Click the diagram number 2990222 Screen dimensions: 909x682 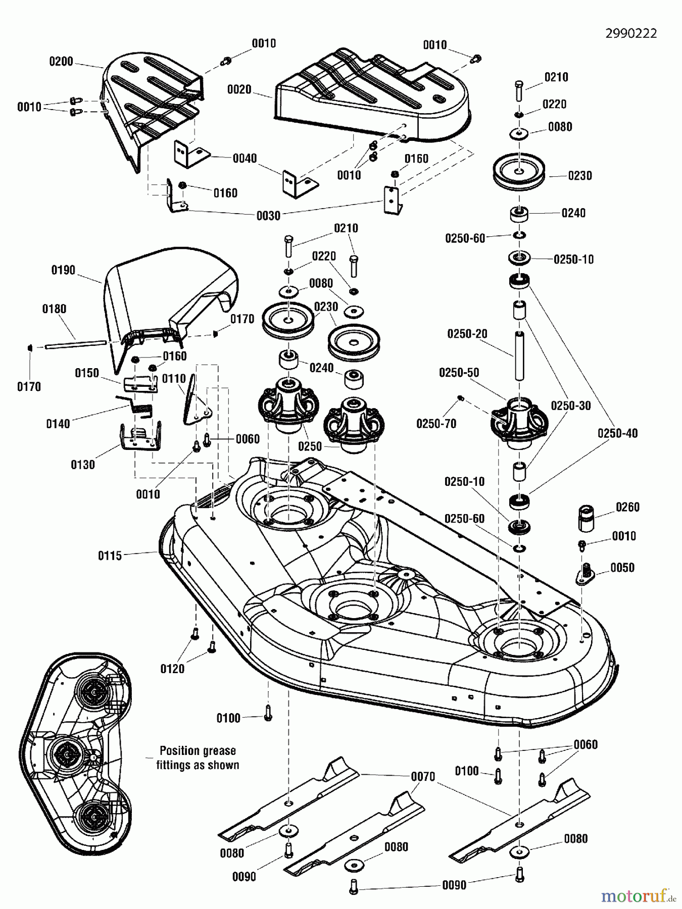pos(631,33)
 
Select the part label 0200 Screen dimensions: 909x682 pos(61,62)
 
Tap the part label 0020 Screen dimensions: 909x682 pos(239,89)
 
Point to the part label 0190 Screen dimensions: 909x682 pos(63,270)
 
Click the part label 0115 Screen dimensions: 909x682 pos(110,555)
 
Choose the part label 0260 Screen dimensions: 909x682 pos(627,507)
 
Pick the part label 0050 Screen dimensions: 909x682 pos(622,568)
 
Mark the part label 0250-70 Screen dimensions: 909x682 pos(436,423)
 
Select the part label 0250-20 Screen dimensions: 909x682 pos(467,334)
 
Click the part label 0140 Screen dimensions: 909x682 pos(58,424)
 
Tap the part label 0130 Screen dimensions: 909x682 pos(82,464)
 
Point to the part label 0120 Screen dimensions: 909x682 pos(172,669)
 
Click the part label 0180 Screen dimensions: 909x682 pos(54,309)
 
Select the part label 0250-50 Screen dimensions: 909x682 pos(459,372)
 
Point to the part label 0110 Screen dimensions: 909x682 pos(174,379)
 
